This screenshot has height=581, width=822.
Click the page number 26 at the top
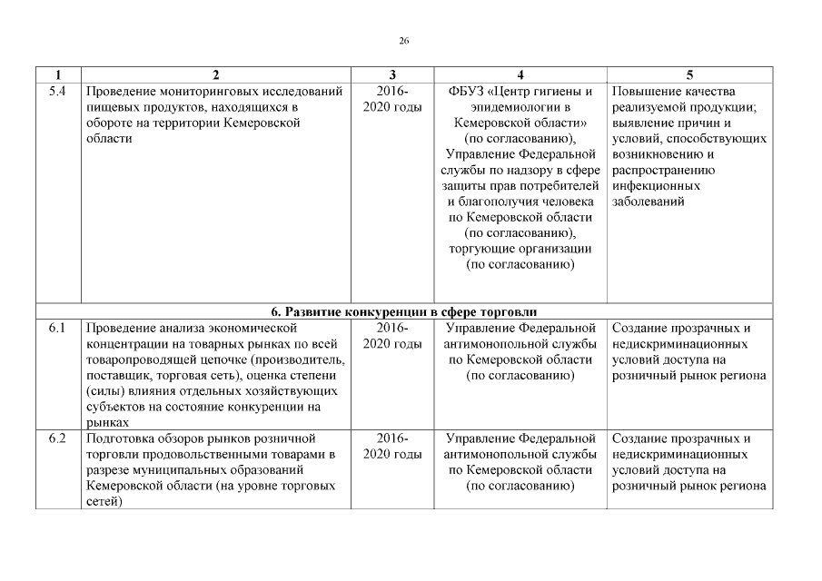point(404,40)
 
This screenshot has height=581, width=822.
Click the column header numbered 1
point(58,74)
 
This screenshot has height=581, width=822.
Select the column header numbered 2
point(215,74)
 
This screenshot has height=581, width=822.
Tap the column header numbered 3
point(391,74)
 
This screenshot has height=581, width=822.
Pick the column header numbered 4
point(520,74)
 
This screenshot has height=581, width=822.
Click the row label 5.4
point(56,92)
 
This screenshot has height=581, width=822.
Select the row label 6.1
point(56,328)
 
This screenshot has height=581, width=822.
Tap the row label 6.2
point(56,438)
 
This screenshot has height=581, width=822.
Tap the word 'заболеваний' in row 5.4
point(649,202)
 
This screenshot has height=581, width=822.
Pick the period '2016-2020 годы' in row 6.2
point(391,446)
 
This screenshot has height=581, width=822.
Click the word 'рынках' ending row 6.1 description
point(107,422)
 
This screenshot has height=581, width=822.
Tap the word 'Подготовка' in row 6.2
point(122,438)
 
